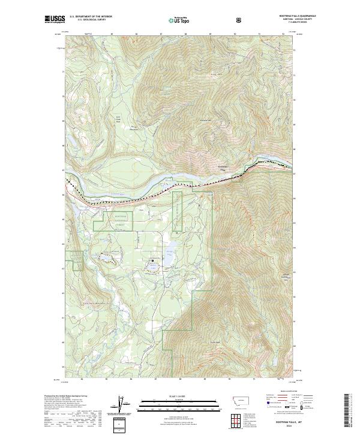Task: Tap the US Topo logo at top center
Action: (x=175, y=20)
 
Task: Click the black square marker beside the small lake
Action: (x=153, y=260)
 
